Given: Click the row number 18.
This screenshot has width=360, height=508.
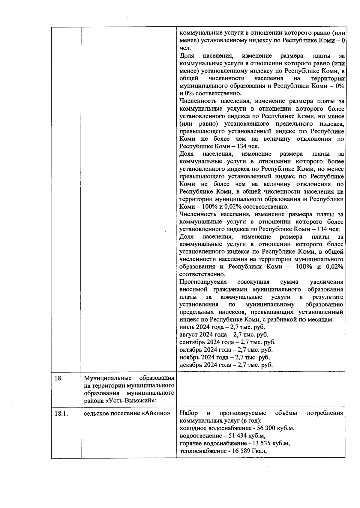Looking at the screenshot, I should click(58, 378).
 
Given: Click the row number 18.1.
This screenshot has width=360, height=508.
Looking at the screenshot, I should click(61, 414).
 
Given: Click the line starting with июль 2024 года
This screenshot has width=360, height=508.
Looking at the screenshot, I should click(222, 327).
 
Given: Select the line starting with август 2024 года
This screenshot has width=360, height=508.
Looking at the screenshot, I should click(224, 335).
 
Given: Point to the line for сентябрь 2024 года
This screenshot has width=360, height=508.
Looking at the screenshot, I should click(227, 342).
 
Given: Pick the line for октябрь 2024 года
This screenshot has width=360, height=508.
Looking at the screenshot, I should click(226, 350).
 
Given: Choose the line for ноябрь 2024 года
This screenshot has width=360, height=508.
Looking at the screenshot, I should click(224, 357).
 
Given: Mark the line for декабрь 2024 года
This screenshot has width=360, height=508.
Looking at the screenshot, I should click(226, 365).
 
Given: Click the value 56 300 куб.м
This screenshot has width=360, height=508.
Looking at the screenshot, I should click(273, 428).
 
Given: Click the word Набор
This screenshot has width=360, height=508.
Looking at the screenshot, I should click(188, 413).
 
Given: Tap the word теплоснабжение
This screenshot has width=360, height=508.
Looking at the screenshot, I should click(202, 451).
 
